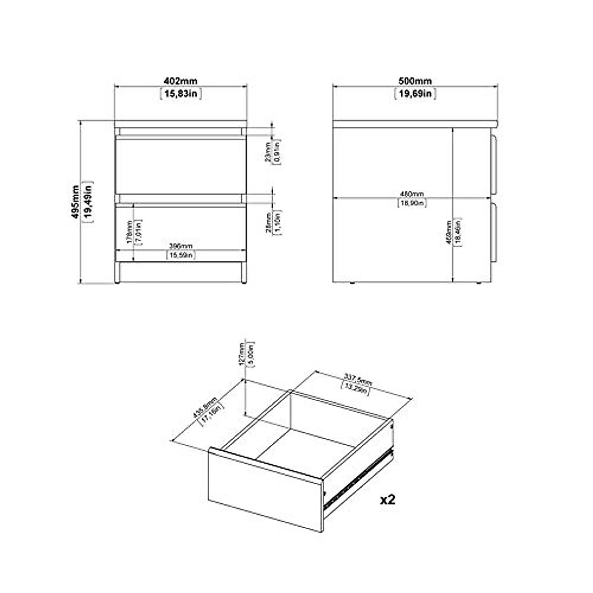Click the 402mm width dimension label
(x=180, y=82)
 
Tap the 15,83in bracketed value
(x=181, y=93)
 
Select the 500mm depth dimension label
(x=415, y=82)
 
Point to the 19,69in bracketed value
(x=415, y=93)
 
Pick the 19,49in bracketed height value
(x=89, y=203)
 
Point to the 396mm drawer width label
(x=180, y=246)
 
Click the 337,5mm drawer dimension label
(x=358, y=381)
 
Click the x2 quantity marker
(x=388, y=500)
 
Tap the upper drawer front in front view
(x=180, y=166)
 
